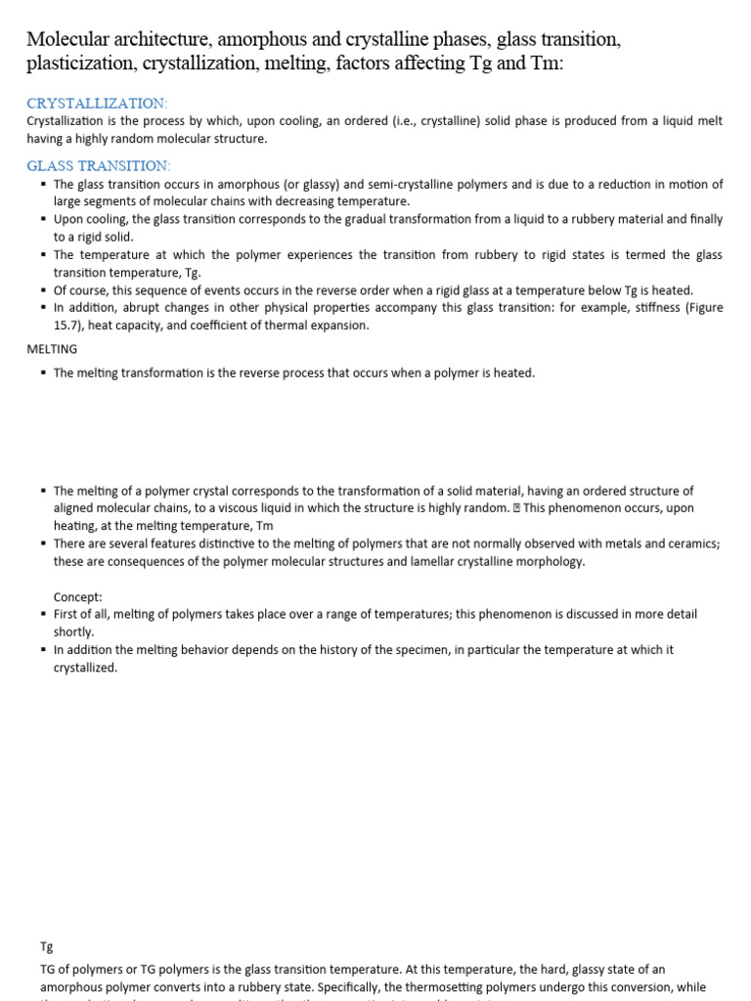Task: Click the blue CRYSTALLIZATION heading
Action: pyautogui.click(x=97, y=103)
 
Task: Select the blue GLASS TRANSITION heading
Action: pyautogui.click(x=98, y=165)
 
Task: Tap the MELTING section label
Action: pyautogui.click(x=52, y=348)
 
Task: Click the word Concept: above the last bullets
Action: pyautogui.click(x=77, y=596)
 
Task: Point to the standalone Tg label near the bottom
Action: pyautogui.click(x=46, y=946)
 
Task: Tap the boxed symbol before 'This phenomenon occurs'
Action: pyautogui.click(x=516, y=508)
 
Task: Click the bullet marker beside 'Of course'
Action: pyautogui.click(x=43, y=290)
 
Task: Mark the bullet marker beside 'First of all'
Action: pyautogui.click(x=43, y=614)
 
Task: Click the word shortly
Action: pyautogui.click(x=74, y=631)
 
